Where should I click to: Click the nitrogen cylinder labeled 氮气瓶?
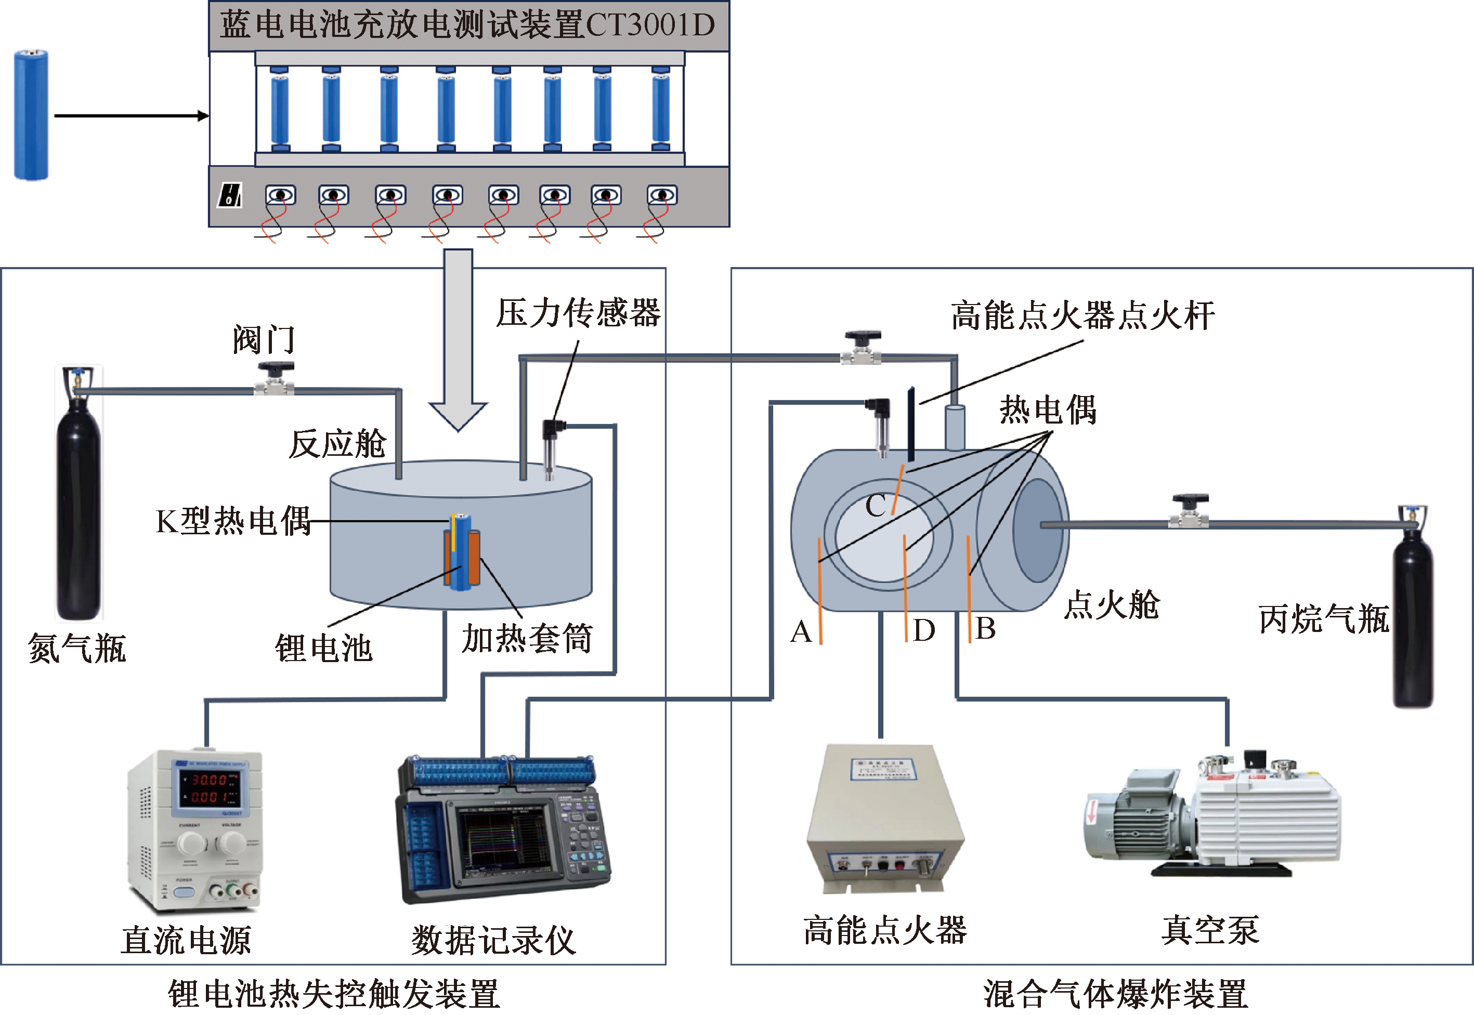click(x=77, y=509)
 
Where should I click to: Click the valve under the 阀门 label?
click(x=275, y=378)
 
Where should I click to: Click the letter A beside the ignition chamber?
click(x=801, y=632)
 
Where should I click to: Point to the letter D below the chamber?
click(x=924, y=630)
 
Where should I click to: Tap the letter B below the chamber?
click(x=985, y=628)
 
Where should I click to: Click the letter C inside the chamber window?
click(x=876, y=506)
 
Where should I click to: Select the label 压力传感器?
click(x=578, y=313)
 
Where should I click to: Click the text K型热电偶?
click(x=233, y=521)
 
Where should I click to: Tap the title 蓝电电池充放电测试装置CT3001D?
click(x=467, y=25)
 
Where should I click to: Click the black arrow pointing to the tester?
click(x=131, y=116)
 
